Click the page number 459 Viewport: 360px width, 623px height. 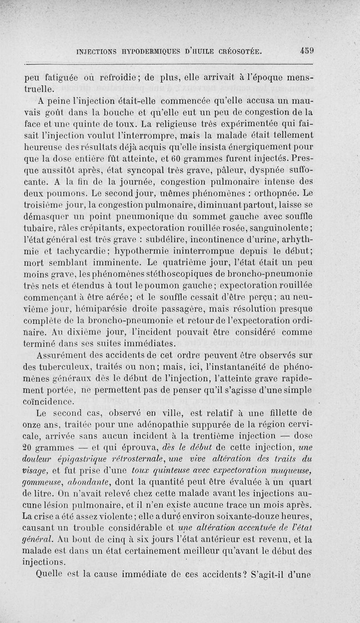[304, 51]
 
